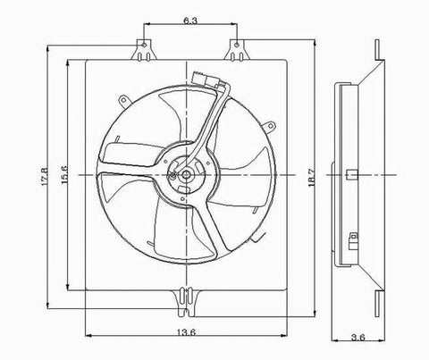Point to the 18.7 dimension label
pyautogui.click(x=311, y=179)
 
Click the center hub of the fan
pyautogui.click(x=185, y=176)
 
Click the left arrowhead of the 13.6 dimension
pyautogui.click(x=87, y=338)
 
